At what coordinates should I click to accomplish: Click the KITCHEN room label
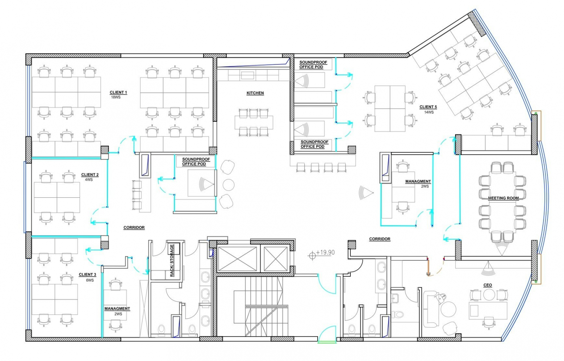[x=255, y=93]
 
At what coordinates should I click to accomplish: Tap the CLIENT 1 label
[x=118, y=92]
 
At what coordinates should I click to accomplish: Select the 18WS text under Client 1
[x=116, y=97]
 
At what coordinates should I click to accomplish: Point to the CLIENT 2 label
[x=90, y=175]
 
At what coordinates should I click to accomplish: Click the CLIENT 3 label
[x=87, y=275]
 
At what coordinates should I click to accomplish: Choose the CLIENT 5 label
[x=428, y=107]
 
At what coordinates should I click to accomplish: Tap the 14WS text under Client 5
[x=429, y=112]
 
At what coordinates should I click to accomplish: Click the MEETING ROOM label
[x=503, y=198]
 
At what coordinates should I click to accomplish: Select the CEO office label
[x=488, y=285]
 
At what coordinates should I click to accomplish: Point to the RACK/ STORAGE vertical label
[x=172, y=260]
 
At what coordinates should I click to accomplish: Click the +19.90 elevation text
[x=325, y=252]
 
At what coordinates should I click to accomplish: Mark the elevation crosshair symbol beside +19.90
[x=312, y=255]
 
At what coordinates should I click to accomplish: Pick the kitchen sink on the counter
[x=247, y=76]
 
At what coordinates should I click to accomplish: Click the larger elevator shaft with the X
[x=238, y=259]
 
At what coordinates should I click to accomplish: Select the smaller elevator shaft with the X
[x=276, y=259]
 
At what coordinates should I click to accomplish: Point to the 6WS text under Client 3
[x=90, y=280]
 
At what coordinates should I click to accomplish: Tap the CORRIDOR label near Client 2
[x=134, y=227]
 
